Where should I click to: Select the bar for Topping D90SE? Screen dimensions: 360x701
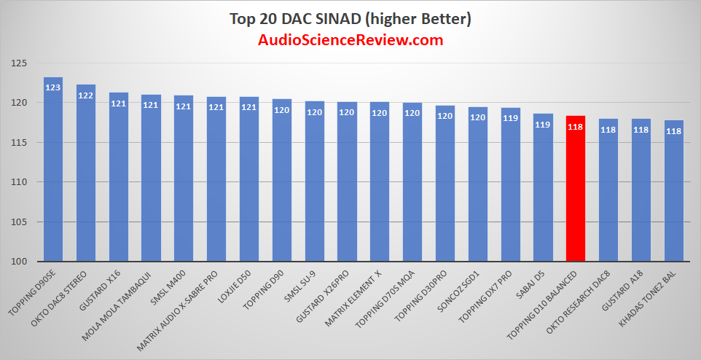click(53, 175)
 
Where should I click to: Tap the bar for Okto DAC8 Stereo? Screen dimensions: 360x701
click(86, 179)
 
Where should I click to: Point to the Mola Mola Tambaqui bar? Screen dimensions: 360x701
click(151, 182)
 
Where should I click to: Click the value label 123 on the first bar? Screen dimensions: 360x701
click(53, 87)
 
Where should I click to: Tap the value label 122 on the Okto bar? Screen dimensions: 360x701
click(86, 95)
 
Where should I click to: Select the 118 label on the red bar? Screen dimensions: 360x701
click(576, 126)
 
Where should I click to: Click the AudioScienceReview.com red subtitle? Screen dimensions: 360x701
click(350, 40)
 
